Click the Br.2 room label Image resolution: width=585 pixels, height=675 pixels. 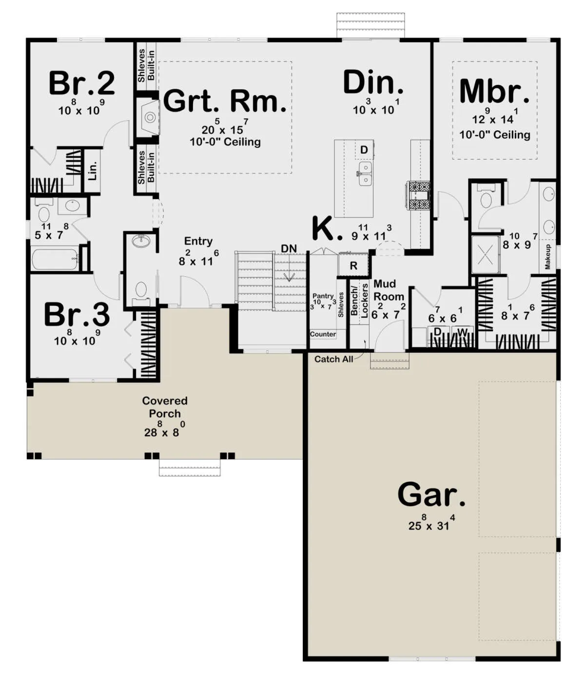(x=82, y=83)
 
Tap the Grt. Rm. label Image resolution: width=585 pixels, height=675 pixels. (x=225, y=102)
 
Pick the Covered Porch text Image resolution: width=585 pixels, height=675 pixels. (x=165, y=407)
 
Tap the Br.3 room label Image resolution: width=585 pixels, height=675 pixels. (x=77, y=314)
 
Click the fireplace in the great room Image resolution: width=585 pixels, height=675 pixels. (x=149, y=116)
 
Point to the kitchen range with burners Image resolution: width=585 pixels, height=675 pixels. (x=419, y=196)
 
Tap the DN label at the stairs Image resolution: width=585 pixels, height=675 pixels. (x=289, y=248)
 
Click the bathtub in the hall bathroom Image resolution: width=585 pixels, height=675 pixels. (x=56, y=259)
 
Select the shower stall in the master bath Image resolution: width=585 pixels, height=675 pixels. (x=486, y=254)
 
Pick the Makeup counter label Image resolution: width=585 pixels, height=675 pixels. (x=547, y=257)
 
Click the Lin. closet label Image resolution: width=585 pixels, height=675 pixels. (x=93, y=170)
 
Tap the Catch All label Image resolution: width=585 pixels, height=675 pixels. (x=333, y=359)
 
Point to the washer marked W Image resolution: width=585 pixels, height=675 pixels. (x=462, y=332)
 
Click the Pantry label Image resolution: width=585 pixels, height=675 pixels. (x=323, y=296)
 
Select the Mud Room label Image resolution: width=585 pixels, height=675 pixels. (x=389, y=290)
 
